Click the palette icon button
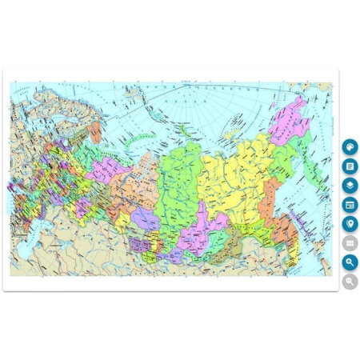(350, 147)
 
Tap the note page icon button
(350, 166)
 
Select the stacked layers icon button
(350, 186)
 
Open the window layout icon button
(350, 205)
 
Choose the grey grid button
(350, 243)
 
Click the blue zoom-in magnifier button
(350, 262)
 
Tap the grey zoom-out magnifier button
(350, 282)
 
